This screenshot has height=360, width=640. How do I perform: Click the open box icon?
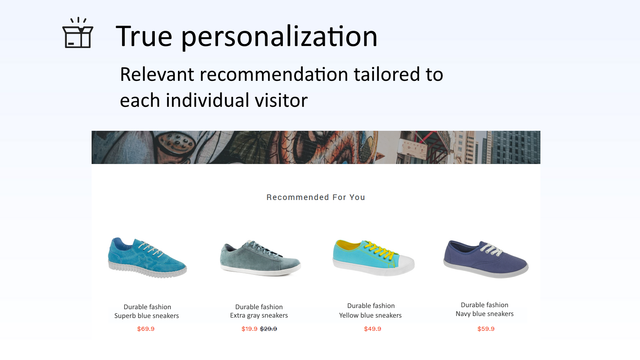(77, 34)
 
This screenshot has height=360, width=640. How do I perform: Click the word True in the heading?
(147, 37)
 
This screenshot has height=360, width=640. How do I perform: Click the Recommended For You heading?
(316, 197)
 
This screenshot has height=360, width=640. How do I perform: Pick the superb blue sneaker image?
(146, 257)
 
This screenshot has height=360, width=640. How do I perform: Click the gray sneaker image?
(259, 258)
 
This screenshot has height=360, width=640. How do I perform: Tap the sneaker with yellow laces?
(371, 258)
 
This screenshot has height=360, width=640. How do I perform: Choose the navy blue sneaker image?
(486, 258)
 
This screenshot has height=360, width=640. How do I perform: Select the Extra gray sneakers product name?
(259, 316)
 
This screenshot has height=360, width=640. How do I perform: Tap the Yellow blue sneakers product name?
(371, 316)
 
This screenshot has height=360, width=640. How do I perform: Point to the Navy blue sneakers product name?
(485, 314)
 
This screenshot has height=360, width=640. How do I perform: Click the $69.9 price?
(146, 329)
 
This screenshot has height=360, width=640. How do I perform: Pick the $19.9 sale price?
(249, 329)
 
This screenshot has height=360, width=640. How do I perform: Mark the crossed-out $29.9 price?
(269, 329)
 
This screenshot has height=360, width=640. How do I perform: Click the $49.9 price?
(372, 329)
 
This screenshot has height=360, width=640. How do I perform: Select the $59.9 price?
(485, 328)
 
